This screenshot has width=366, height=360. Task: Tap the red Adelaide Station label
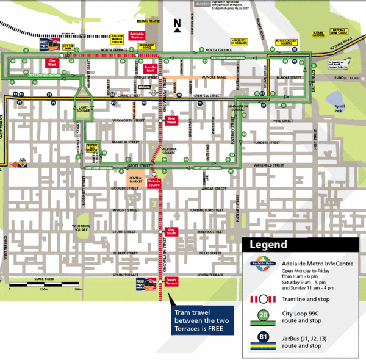137,35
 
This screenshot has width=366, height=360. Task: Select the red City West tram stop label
53,63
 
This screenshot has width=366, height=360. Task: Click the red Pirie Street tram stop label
171,121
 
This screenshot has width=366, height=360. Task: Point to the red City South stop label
171,231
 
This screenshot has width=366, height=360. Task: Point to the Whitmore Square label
81,228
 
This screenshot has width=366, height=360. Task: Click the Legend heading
267,245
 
